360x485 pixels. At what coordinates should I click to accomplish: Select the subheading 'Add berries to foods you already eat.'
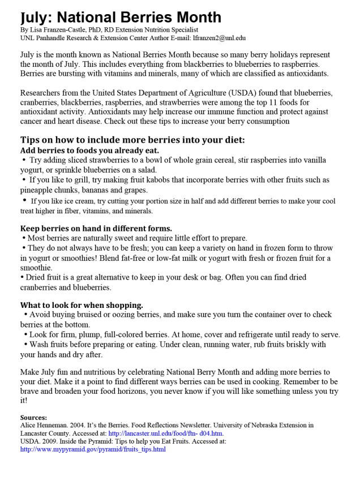pos(89,151)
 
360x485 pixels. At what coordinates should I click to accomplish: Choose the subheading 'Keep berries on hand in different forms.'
pos(97,228)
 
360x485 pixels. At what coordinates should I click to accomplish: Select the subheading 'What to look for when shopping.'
pos(82,304)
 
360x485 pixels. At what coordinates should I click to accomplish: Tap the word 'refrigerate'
pos(247,334)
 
